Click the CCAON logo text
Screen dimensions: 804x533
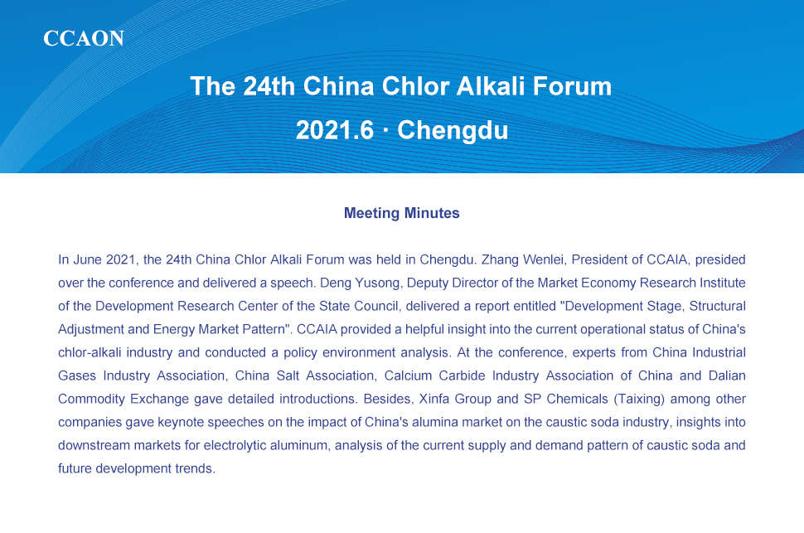coord(84,38)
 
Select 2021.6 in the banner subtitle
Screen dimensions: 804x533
coord(335,130)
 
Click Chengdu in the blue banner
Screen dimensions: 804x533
coord(453,130)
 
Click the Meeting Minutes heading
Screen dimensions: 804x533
coord(401,213)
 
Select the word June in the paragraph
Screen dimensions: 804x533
coord(88,259)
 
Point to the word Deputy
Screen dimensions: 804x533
coord(427,283)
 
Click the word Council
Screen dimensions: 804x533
coord(375,306)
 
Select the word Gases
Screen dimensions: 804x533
coord(77,376)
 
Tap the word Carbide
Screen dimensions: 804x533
coord(462,376)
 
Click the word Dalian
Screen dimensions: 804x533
coord(727,376)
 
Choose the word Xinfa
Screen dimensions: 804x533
coord(434,399)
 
